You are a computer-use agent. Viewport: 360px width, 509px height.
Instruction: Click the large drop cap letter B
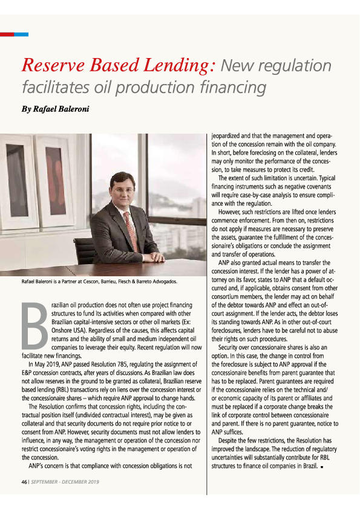(36, 327)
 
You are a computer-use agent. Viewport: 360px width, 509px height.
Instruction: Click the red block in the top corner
(7, 34)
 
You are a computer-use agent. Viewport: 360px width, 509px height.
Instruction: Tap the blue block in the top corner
(21, 34)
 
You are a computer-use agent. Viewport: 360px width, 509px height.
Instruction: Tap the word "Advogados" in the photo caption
(160, 281)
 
